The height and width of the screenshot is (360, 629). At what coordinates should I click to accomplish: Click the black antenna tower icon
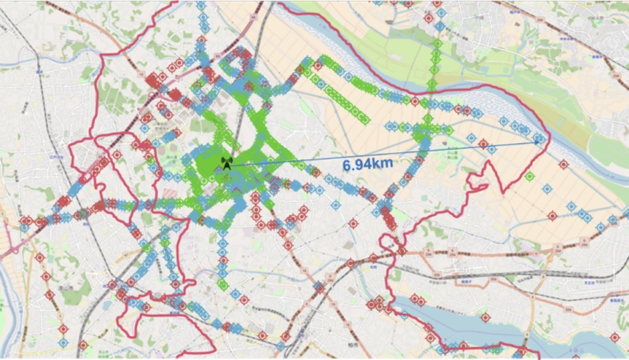(227, 163)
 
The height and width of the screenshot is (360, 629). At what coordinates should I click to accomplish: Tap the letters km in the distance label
(383, 163)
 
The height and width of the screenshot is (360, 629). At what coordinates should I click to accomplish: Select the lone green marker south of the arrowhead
(529, 177)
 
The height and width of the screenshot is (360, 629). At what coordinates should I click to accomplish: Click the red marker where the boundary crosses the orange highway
(401, 251)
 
